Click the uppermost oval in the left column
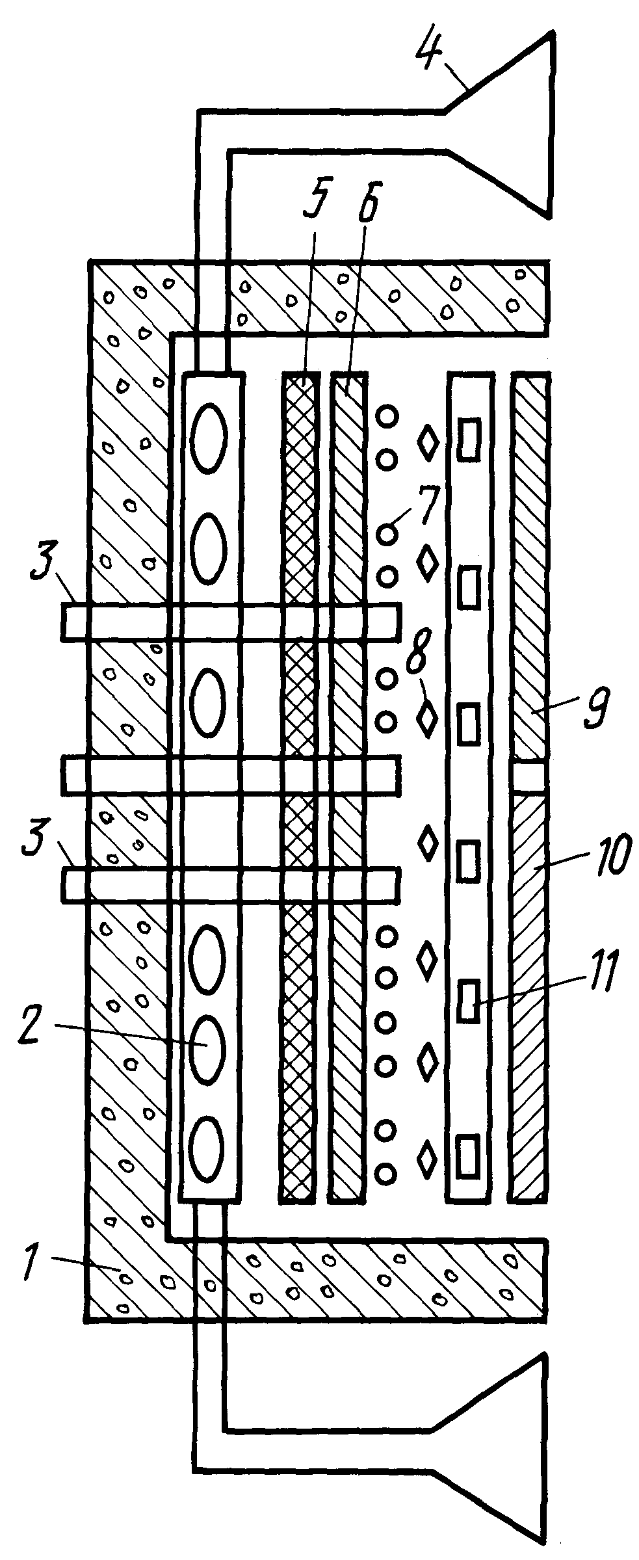coord(209,436)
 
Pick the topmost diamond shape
coord(428,443)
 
